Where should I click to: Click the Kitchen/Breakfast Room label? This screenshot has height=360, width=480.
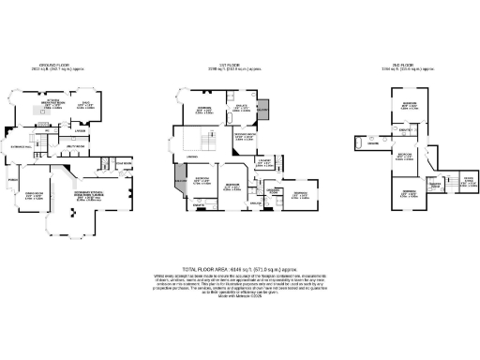coord(55,105)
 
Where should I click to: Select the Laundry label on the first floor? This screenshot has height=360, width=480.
coord(265,162)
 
